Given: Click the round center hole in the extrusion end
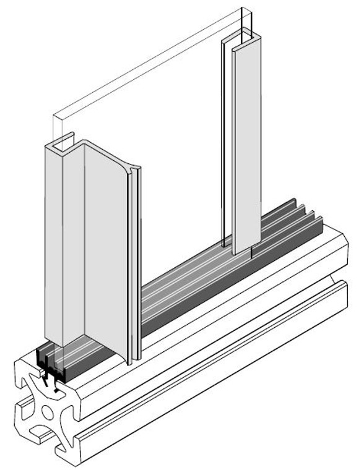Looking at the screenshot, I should click(x=48, y=411).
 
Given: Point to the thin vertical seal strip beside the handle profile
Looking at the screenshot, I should click(x=137, y=266).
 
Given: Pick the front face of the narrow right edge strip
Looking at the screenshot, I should click(x=242, y=148).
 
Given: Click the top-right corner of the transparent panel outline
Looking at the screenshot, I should click(x=253, y=8).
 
